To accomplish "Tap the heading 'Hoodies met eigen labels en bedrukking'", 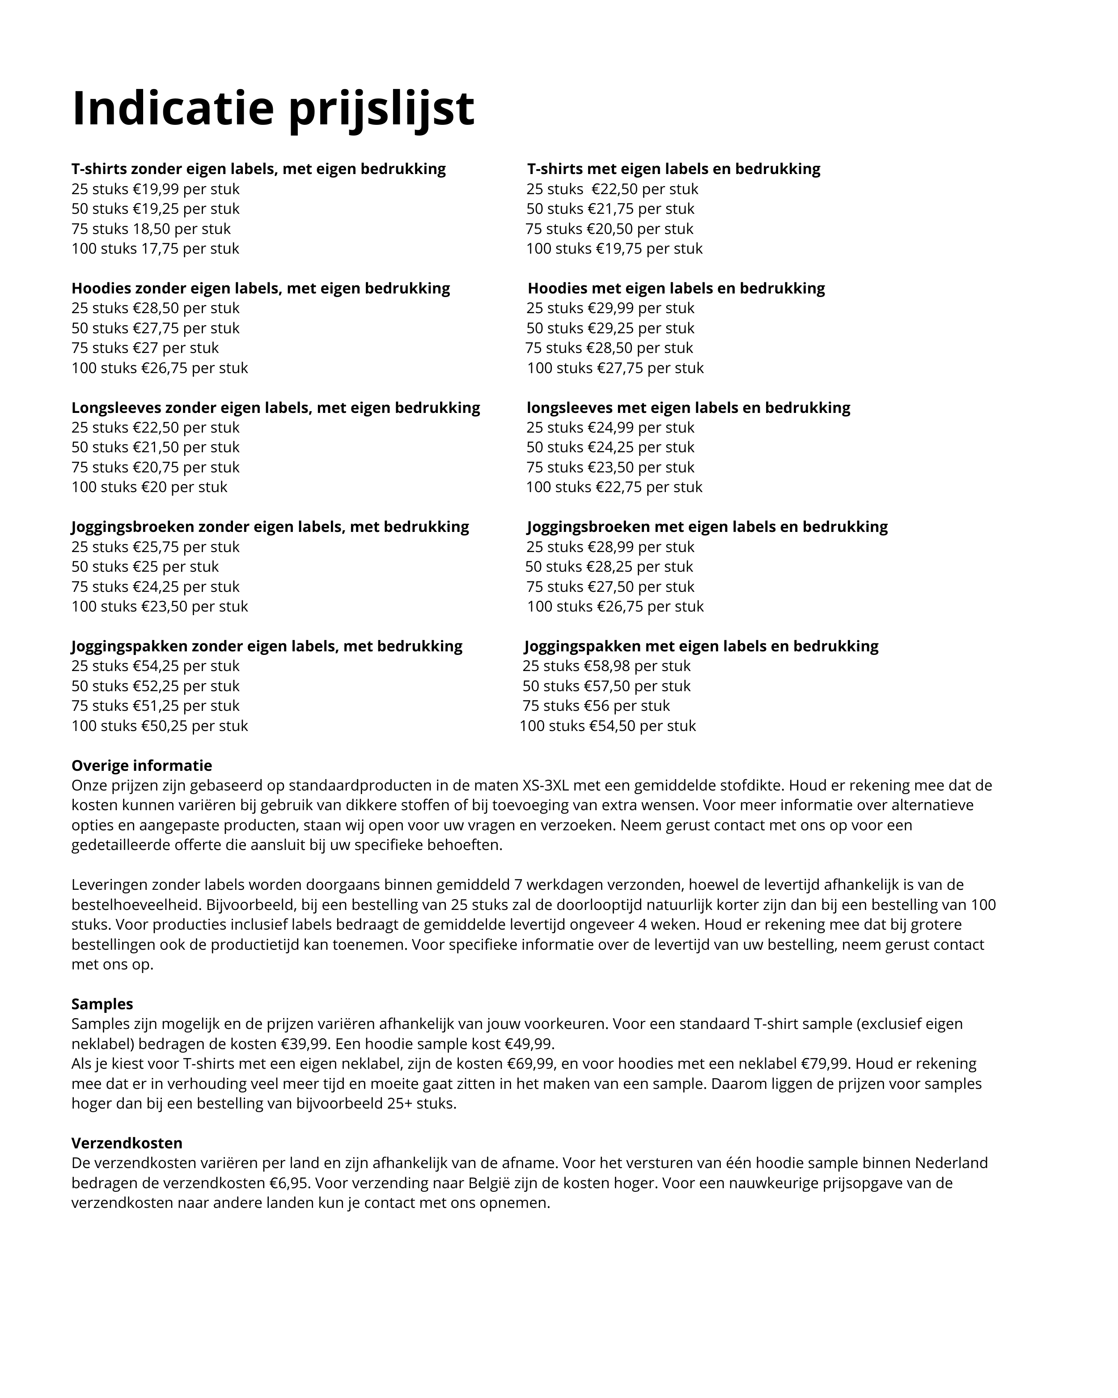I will (x=676, y=288).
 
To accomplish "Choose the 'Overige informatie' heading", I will (x=141, y=765).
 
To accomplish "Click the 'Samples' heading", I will (x=102, y=1004).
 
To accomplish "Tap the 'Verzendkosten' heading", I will (x=127, y=1143).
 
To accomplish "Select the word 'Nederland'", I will (x=951, y=1163).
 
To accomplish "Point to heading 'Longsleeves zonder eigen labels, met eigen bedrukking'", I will (x=275, y=408).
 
